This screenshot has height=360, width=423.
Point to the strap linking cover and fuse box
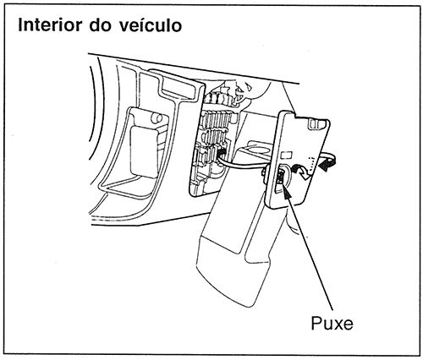coord(245,165)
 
